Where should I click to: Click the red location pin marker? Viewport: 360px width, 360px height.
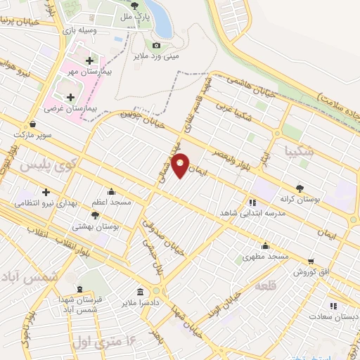click(x=181, y=165)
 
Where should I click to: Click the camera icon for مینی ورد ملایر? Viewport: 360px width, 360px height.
click(x=157, y=46)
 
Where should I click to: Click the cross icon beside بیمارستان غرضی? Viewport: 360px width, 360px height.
click(x=70, y=98)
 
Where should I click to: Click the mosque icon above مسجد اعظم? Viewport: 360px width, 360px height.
click(x=110, y=191)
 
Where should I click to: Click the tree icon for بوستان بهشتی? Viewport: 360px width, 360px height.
click(x=95, y=215)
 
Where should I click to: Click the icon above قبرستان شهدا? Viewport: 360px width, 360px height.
click(x=79, y=289)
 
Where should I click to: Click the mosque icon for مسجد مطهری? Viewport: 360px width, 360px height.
click(x=265, y=245)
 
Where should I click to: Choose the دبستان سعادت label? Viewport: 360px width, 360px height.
click(x=333, y=316)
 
